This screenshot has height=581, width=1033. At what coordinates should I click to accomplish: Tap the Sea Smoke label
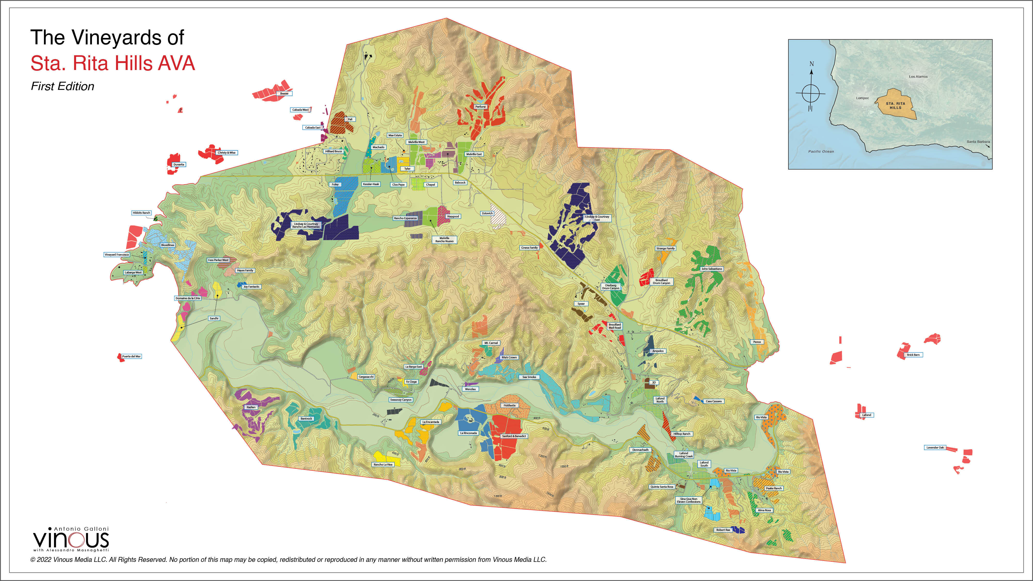[x=529, y=377]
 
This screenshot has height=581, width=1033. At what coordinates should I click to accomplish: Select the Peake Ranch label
[x=773, y=488]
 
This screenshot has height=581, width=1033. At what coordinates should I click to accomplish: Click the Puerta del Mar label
[x=131, y=356]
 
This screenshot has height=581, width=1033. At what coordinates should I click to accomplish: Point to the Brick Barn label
[x=913, y=355]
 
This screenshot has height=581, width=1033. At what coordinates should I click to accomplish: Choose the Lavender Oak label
[x=935, y=447]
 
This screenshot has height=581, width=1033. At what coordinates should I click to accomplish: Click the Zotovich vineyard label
[x=487, y=213]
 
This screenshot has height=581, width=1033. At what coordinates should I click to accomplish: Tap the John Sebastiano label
[x=711, y=269]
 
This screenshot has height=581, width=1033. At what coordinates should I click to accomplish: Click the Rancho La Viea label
[x=383, y=464]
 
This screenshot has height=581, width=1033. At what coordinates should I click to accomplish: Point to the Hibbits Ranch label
[x=141, y=213]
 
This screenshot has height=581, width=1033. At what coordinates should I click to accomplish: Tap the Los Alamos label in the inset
[x=918, y=77]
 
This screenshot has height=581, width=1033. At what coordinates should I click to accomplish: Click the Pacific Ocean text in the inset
[x=821, y=152]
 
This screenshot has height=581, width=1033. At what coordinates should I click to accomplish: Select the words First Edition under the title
[x=62, y=86]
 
